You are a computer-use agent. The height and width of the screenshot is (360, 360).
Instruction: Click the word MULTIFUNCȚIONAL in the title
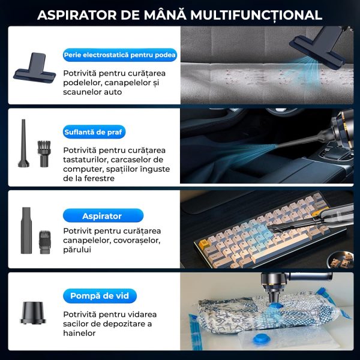(256, 15)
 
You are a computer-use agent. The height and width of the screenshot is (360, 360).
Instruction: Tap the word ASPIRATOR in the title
(77, 15)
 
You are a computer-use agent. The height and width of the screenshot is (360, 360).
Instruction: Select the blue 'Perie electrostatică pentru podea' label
(120, 55)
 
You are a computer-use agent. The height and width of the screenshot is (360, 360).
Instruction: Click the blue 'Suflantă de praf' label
(94, 132)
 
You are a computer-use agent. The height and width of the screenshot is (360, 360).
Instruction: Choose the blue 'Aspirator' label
(103, 215)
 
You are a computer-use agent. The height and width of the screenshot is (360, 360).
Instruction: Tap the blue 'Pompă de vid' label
(100, 296)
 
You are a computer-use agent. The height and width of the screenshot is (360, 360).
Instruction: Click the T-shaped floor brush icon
(35, 67)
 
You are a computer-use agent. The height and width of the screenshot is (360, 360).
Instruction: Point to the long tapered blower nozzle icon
(23, 143)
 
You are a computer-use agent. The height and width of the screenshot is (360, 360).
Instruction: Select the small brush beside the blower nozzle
(44, 154)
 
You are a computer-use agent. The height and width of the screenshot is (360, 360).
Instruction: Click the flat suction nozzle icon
(26, 230)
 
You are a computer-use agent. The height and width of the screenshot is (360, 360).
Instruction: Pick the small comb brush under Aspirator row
(44, 242)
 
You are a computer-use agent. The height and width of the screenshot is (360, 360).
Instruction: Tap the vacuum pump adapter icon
(33, 313)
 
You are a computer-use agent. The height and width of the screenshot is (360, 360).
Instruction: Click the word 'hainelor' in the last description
(79, 333)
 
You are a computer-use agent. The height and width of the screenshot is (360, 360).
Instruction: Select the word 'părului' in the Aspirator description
(77, 250)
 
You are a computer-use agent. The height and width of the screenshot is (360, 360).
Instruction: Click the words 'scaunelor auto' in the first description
(92, 92)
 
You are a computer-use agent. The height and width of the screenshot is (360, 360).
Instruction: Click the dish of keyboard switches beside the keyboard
(340, 259)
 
